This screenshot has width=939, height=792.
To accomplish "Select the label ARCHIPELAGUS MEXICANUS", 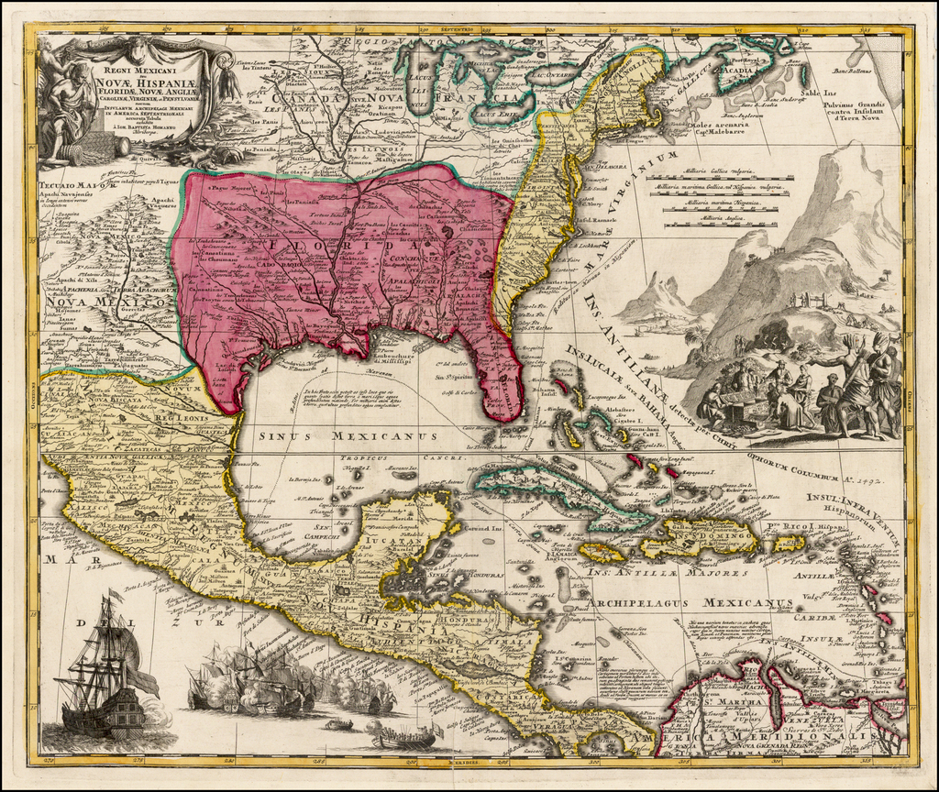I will pyautogui.click(x=691, y=603).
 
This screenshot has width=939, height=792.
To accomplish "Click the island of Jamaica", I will pyautogui.click(x=602, y=553).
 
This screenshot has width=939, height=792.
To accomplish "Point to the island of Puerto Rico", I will pyautogui.click(x=788, y=543).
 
